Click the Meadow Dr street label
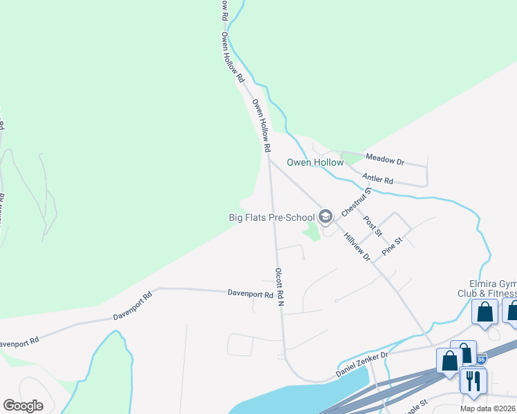(385, 160)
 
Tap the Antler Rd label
(377, 180)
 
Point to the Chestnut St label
(356, 200)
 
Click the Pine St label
(393, 248)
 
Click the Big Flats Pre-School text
(272, 217)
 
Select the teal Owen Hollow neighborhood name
(315, 163)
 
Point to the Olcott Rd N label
(280, 288)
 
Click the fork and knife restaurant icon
(473, 381)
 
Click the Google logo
(23, 406)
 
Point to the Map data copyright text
(488, 408)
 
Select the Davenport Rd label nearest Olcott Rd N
(250, 293)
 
